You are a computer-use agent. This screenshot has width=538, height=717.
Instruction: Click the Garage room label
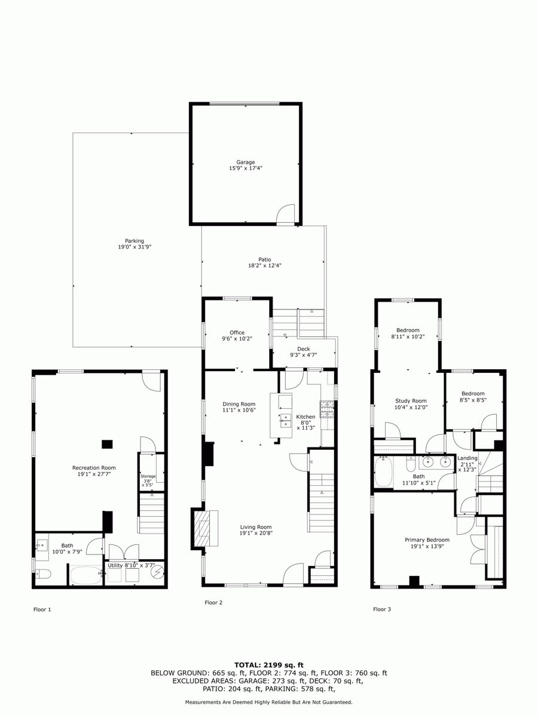point(246,162)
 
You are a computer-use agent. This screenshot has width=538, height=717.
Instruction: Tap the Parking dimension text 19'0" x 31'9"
point(134,247)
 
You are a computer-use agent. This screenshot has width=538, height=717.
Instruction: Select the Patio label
point(265,260)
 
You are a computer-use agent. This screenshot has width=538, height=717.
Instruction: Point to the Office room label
point(237,333)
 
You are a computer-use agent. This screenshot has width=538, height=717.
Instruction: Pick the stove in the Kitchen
point(327,409)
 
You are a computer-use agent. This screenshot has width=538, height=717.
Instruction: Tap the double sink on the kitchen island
point(286,421)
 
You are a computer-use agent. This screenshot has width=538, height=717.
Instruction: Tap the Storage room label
point(148,476)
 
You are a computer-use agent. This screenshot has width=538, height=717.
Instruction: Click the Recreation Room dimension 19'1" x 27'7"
point(94,474)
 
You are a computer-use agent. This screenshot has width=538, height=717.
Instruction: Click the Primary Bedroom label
point(427,540)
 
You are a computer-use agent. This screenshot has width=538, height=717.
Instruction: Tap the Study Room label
point(411,401)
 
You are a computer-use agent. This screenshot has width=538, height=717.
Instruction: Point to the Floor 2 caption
point(213,603)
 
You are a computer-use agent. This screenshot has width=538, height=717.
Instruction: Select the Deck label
point(304,349)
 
